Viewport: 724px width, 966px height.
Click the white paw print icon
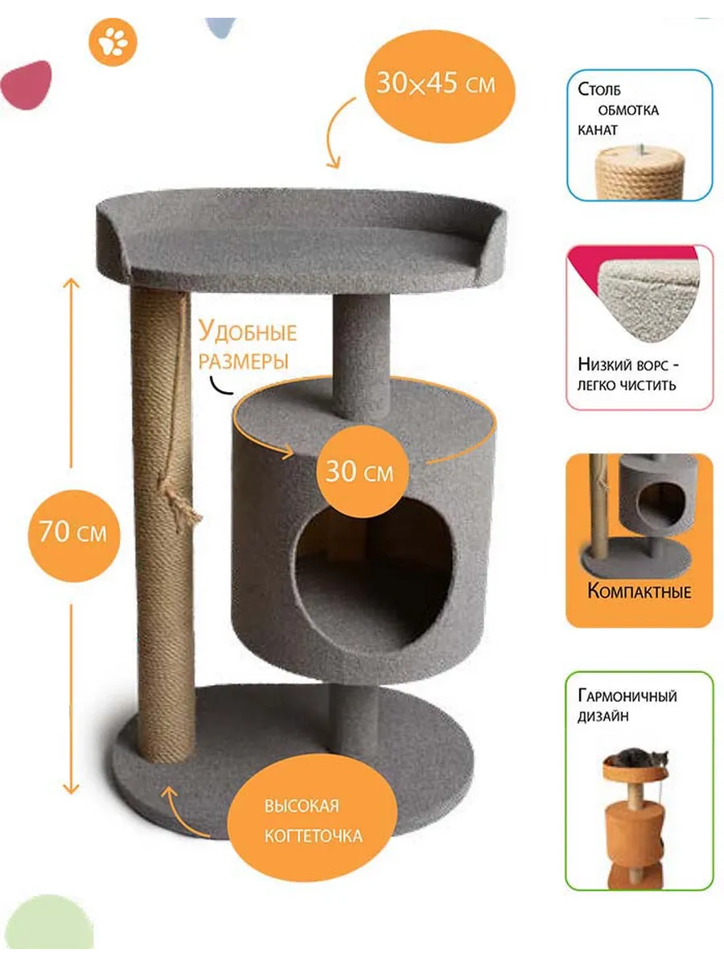pyautogui.click(x=113, y=42)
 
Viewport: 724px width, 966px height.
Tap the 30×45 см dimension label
pyautogui.click(x=436, y=83)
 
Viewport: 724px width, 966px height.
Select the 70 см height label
pyautogui.click(x=73, y=531)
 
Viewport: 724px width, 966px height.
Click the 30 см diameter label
pyautogui.click(x=360, y=472)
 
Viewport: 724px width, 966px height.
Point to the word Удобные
pyautogui.click(x=248, y=332)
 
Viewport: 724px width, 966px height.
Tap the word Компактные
pyautogui.click(x=640, y=592)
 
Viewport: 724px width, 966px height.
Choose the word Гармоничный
pyautogui.click(x=627, y=696)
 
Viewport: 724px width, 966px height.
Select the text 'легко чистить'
pyautogui.click(x=627, y=385)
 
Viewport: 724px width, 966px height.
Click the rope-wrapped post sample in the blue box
pyautogui.click(x=640, y=173)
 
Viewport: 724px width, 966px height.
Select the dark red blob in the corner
pyautogui.click(x=27, y=85)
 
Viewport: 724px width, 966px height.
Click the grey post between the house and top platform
pyautogui.click(x=360, y=357)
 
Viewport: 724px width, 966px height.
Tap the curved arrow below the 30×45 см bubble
pyautogui.click(x=337, y=133)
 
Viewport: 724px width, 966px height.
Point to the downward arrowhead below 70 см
pyautogui.click(x=72, y=789)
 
